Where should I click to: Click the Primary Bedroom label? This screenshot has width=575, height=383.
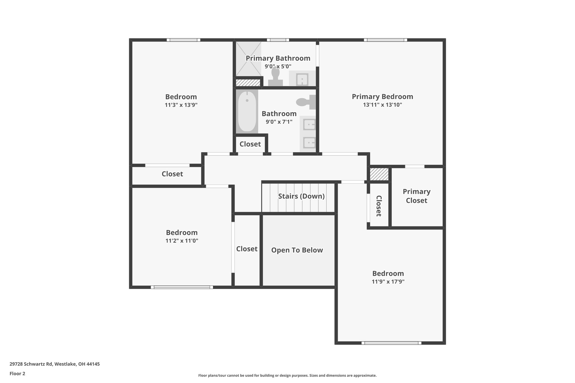coord(382,97)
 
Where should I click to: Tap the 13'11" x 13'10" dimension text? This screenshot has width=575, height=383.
coord(382,105)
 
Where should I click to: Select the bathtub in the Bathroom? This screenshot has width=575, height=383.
coord(247,111)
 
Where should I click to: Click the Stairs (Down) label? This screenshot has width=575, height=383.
coord(301,196)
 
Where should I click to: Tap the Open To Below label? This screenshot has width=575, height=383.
coord(297,250)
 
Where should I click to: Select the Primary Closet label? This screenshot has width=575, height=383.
coord(417,196)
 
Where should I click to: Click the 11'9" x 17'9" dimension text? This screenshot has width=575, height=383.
coord(388,282)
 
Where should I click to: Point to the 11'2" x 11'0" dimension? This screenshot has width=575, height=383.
coord(182,241)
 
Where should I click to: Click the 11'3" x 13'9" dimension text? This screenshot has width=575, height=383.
coord(181,105)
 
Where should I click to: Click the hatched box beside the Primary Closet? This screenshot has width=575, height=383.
coord(379,174)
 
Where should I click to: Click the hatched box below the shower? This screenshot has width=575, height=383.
coord(248,83)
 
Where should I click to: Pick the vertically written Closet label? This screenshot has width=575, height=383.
coord(379,206)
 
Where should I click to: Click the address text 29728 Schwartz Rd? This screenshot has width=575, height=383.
coord(31,364)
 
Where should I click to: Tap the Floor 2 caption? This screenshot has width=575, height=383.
coord(17,373)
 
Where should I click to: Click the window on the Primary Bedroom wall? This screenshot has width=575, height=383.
coord(385,40)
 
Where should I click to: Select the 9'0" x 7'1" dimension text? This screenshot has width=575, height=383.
coord(279,122)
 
